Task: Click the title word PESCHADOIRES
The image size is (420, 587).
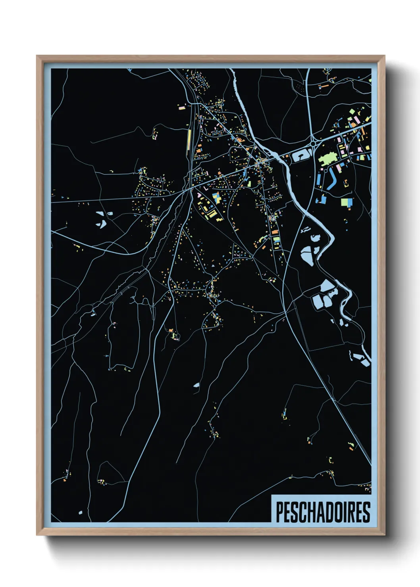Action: (322, 512)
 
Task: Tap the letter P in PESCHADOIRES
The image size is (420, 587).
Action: (279, 512)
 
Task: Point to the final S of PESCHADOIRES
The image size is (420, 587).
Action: (366, 512)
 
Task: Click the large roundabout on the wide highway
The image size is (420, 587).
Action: (313, 144)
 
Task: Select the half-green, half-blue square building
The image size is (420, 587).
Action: (347, 202)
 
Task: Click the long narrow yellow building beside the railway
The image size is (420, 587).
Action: (189, 138)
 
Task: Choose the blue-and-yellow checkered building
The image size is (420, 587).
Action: (216, 197)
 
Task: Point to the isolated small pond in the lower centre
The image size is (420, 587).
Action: (196, 385)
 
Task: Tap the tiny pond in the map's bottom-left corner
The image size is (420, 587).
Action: (80, 513)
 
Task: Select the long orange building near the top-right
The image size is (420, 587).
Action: (324, 85)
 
